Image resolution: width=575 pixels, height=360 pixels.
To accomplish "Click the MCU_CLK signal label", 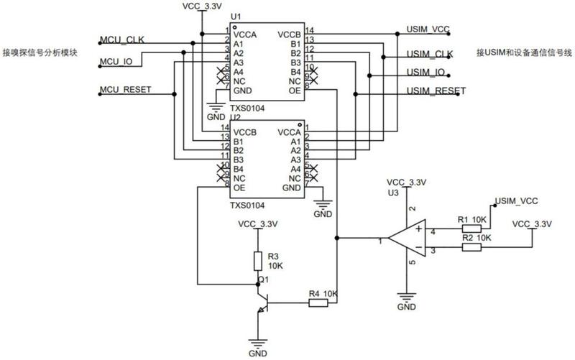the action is point(122,40).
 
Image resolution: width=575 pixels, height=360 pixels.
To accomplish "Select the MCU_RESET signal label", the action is point(125,89).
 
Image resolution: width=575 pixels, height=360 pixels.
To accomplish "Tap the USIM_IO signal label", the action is point(425,73).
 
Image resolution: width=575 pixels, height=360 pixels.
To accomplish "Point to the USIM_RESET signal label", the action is point(436,91).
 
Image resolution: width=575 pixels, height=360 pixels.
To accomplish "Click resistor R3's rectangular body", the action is point(258,261).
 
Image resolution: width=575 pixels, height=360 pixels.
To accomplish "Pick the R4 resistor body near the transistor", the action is point(318,303).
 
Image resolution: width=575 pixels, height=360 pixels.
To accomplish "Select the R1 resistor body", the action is point(471,229).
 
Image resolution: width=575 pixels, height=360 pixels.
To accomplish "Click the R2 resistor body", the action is point(471,247).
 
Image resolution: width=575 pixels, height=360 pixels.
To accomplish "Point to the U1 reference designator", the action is point(236,17).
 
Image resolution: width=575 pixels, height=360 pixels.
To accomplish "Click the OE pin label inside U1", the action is point(295,91).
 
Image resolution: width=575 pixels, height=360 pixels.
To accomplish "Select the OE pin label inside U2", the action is point(239,188).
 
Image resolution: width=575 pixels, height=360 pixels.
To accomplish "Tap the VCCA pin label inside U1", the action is point(244,34).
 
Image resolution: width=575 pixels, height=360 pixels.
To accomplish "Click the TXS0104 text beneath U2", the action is point(247,206).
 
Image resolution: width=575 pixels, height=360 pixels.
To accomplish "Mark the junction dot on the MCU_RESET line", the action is point(174,94).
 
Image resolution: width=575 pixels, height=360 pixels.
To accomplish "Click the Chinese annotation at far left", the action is point(40,52).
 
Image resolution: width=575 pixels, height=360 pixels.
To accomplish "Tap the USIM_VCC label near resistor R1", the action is point(516,201).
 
